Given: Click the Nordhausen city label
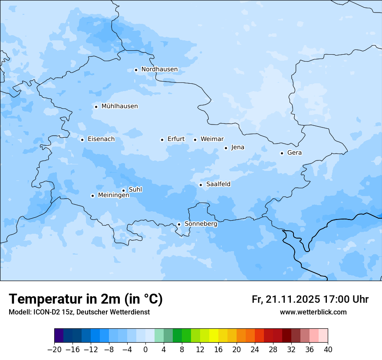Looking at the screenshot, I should [159, 69].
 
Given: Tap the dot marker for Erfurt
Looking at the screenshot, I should [162, 140].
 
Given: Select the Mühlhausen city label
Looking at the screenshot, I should [119, 106].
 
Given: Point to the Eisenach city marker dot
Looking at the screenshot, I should [82, 140].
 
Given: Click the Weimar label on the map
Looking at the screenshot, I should [212, 139].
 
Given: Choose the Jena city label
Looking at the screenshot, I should [237, 147].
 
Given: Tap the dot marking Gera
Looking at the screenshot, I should [282, 153].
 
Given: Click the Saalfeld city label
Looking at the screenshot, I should [218, 184].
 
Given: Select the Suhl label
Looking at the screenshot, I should [135, 190].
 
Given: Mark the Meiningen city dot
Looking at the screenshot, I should [92, 196].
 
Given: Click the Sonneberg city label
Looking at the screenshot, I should [201, 224].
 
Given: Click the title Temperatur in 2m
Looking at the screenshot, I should [86, 299].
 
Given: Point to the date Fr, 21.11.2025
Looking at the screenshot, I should [285, 299].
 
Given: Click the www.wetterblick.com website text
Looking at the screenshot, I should [313, 312].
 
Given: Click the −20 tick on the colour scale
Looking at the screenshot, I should [55, 350].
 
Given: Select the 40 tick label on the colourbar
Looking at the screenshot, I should [328, 350].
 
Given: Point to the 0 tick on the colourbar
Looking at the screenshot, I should [145, 350].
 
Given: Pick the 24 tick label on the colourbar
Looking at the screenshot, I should [255, 350].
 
